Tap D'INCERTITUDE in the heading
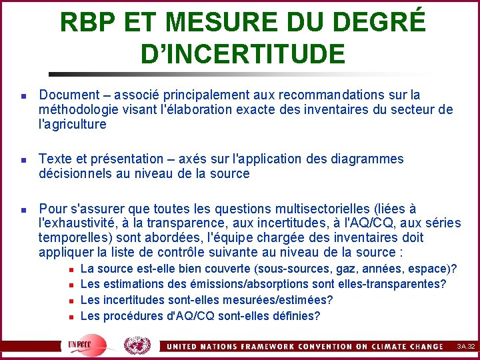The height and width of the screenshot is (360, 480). (x=243, y=54)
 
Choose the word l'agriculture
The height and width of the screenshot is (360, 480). (x=73, y=124)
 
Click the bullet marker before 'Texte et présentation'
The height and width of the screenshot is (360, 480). (x=23, y=160)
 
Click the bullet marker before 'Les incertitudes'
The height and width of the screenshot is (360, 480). (x=72, y=301)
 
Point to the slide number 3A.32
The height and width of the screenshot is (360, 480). (x=465, y=346)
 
